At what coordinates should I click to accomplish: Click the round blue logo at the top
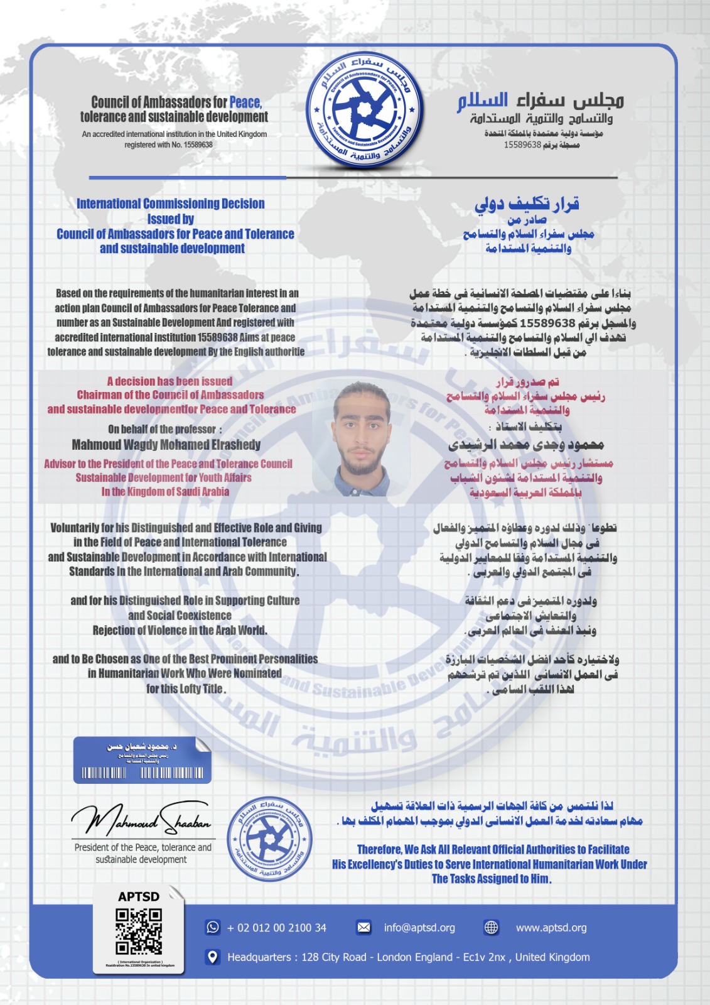coord(364,111)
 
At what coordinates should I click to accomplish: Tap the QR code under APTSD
coord(139,931)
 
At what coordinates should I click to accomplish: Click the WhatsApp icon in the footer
coord(213,927)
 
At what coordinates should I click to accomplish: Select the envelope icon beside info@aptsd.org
coord(363,927)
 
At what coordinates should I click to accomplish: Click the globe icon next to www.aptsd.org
coord(492,927)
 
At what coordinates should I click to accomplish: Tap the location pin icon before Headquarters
coord(213,957)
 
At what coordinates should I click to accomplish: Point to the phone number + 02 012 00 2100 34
coord(277,928)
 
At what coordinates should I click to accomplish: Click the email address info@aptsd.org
coord(419,928)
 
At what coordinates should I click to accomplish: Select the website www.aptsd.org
coord(551,928)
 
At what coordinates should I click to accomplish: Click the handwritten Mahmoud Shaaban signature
coord(141,818)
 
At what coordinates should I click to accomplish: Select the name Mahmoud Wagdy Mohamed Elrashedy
coord(166,445)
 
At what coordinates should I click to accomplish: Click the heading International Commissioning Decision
coord(171,204)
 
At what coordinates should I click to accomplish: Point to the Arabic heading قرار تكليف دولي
coord(527,204)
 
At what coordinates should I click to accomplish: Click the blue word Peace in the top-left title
coord(245,102)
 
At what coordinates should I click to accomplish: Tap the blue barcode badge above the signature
coord(142,760)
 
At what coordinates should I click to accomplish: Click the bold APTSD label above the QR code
coord(139,896)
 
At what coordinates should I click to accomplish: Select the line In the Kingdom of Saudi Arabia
coord(165,492)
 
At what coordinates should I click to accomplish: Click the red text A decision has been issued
coord(169,381)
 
